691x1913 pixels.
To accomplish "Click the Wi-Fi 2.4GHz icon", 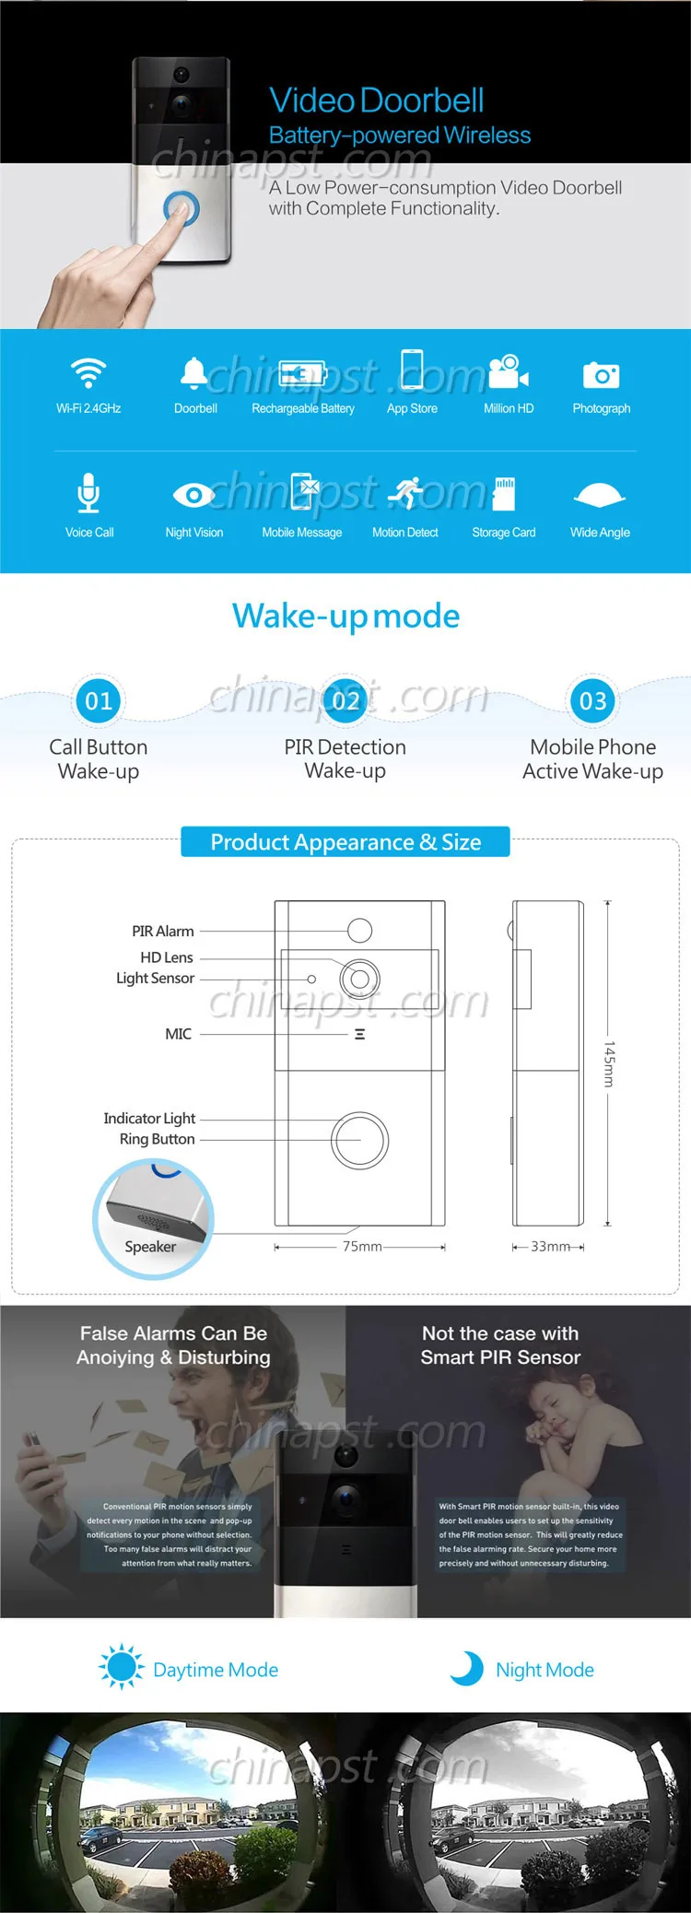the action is coord(88,372).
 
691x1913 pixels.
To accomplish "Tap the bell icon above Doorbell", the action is coord(193,372).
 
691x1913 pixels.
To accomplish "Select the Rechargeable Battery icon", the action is coord(302,373).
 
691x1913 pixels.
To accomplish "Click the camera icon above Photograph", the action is coord(601,375).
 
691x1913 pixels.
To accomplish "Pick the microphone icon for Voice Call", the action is coord(88,493).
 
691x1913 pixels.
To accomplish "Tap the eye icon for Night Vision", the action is coord(193,496).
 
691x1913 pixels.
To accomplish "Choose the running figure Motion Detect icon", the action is coord(404,494).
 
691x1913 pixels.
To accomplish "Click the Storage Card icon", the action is coord(504,494).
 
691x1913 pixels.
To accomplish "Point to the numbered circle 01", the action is coord(99,701).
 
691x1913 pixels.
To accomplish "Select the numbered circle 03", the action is coord(592,701).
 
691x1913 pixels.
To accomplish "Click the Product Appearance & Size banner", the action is coord(345,842).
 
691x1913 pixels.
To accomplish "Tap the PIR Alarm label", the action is coord(162,932).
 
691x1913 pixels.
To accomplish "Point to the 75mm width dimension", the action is coord(362,1247).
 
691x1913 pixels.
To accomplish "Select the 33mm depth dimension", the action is coord(550,1247).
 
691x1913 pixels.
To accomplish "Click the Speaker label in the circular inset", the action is coord(150,1247).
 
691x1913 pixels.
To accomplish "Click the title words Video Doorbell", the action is coord(376,100).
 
